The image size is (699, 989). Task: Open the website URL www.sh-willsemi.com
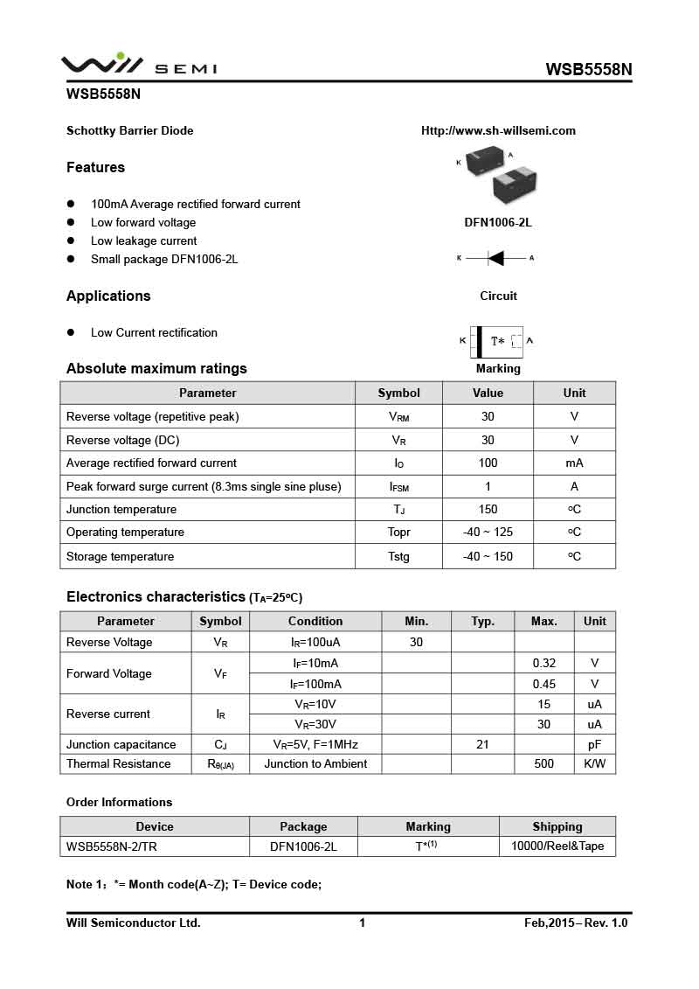pyautogui.click(x=498, y=131)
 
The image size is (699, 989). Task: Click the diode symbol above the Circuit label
pyautogui.click(x=495, y=258)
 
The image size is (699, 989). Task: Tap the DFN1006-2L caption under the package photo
pyautogui.click(x=498, y=222)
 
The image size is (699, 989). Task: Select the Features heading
pyautogui.click(x=95, y=168)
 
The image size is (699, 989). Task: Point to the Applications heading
pyautogui.click(x=108, y=296)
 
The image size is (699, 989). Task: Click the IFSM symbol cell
pyautogui.click(x=398, y=487)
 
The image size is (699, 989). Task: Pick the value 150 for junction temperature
pyautogui.click(x=488, y=510)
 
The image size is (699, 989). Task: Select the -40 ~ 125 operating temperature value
pyautogui.click(x=488, y=533)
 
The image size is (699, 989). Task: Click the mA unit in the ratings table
pyautogui.click(x=574, y=463)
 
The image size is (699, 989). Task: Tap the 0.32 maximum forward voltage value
pyautogui.click(x=543, y=664)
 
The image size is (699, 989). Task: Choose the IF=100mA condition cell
pyautogui.click(x=315, y=684)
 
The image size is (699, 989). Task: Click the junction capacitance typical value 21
pyautogui.click(x=482, y=745)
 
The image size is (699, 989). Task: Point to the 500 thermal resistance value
pyautogui.click(x=543, y=764)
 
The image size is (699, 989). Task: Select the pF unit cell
pyautogui.click(x=594, y=745)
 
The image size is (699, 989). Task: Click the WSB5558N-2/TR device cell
pyautogui.click(x=111, y=846)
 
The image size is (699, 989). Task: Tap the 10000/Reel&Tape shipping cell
pyautogui.click(x=557, y=846)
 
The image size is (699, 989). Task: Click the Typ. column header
pyautogui.click(x=482, y=622)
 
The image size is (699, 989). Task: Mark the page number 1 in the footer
pyautogui.click(x=362, y=923)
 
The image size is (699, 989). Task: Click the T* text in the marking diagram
pyautogui.click(x=497, y=341)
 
